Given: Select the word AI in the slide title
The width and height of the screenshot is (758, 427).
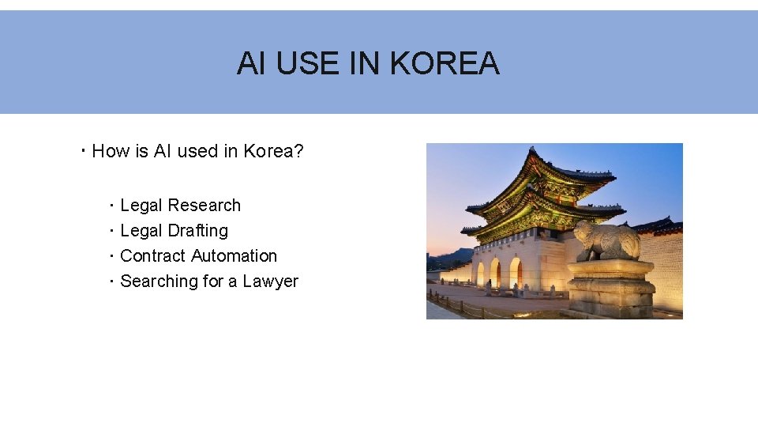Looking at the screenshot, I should tap(251, 63).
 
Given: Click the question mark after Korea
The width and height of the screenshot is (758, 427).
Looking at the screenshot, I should tap(298, 151).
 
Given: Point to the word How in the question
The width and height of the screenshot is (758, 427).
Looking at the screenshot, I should tap(111, 151).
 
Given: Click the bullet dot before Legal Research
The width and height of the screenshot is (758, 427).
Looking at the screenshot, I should tap(112, 206).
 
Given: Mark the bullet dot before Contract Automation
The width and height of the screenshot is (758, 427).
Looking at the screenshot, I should tap(112, 256).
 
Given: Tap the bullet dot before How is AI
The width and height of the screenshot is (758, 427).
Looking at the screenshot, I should tap(84, 151).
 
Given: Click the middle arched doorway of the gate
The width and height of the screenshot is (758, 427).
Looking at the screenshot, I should tap(495, 273).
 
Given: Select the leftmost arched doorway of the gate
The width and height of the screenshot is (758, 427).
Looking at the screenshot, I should tap(480, 274).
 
